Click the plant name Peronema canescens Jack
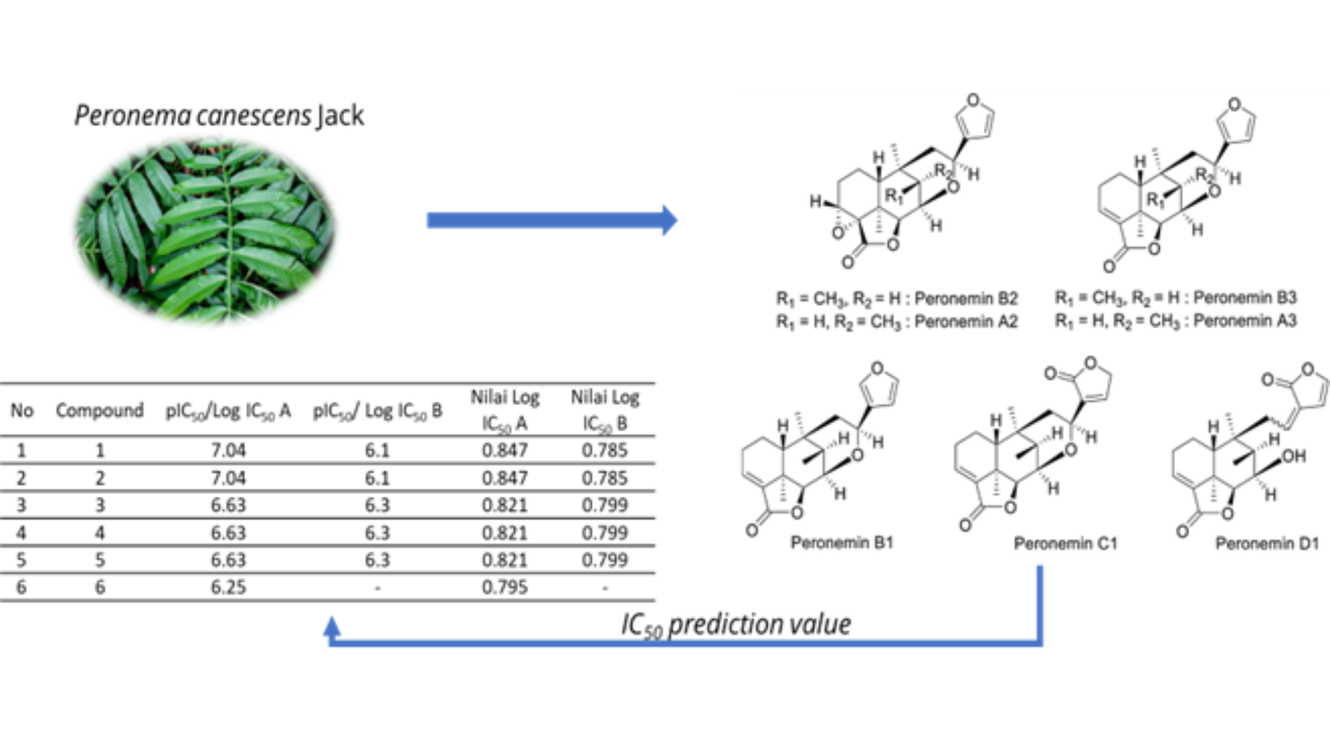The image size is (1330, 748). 219,116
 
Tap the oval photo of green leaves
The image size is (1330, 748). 205,230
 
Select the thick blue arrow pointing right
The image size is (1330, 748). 551,220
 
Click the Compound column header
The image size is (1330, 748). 100,411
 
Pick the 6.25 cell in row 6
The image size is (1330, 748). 228,587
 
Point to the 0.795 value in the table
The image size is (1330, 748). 504,587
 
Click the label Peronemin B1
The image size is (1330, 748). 842,542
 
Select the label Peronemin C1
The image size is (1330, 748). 1065,544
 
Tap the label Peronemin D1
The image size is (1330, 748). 1267,544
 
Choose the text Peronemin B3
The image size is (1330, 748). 1245,298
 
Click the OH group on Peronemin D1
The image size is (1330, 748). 1293,456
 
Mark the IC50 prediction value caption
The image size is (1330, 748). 736,625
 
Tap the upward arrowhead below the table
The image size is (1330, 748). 332,627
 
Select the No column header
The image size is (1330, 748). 21,411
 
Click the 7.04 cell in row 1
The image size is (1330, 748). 228,451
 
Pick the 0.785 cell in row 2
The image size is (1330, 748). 604,478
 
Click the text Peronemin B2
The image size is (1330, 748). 966,299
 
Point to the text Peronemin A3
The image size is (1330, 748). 1245,321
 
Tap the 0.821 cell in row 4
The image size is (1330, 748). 504,533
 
